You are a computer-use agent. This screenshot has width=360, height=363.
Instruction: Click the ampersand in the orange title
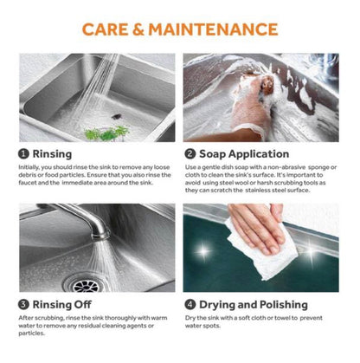(x=138, y=29)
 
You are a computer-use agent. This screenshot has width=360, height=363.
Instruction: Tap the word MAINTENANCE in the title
(x=213, y=29)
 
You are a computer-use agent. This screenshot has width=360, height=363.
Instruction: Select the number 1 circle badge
(x=23, y=153)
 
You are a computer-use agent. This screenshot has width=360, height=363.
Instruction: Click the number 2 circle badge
(x=190, y=153)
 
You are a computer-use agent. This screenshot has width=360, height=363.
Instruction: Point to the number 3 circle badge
(x=23, y=304)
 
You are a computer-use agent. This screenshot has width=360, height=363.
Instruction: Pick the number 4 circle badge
(x=190, y=304)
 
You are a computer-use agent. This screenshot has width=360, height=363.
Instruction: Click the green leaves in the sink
(x=107, y=133)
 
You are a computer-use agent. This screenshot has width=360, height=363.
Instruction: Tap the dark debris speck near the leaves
(x=116, y=117)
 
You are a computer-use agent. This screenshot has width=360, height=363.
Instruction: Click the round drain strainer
(x=86, y=285)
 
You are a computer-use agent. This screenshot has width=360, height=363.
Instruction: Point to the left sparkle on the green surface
(x=203, y=251)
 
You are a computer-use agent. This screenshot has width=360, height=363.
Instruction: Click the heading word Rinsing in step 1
(x=52, y=154)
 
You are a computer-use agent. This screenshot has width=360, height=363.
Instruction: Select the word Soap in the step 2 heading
(x=212, y=154)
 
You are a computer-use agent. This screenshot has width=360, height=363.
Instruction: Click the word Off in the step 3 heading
(x=83, y=304)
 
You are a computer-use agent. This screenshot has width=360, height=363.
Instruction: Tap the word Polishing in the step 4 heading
(x=284, y=305)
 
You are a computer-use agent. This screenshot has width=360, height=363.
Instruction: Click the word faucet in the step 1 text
(x=28, y=183)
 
